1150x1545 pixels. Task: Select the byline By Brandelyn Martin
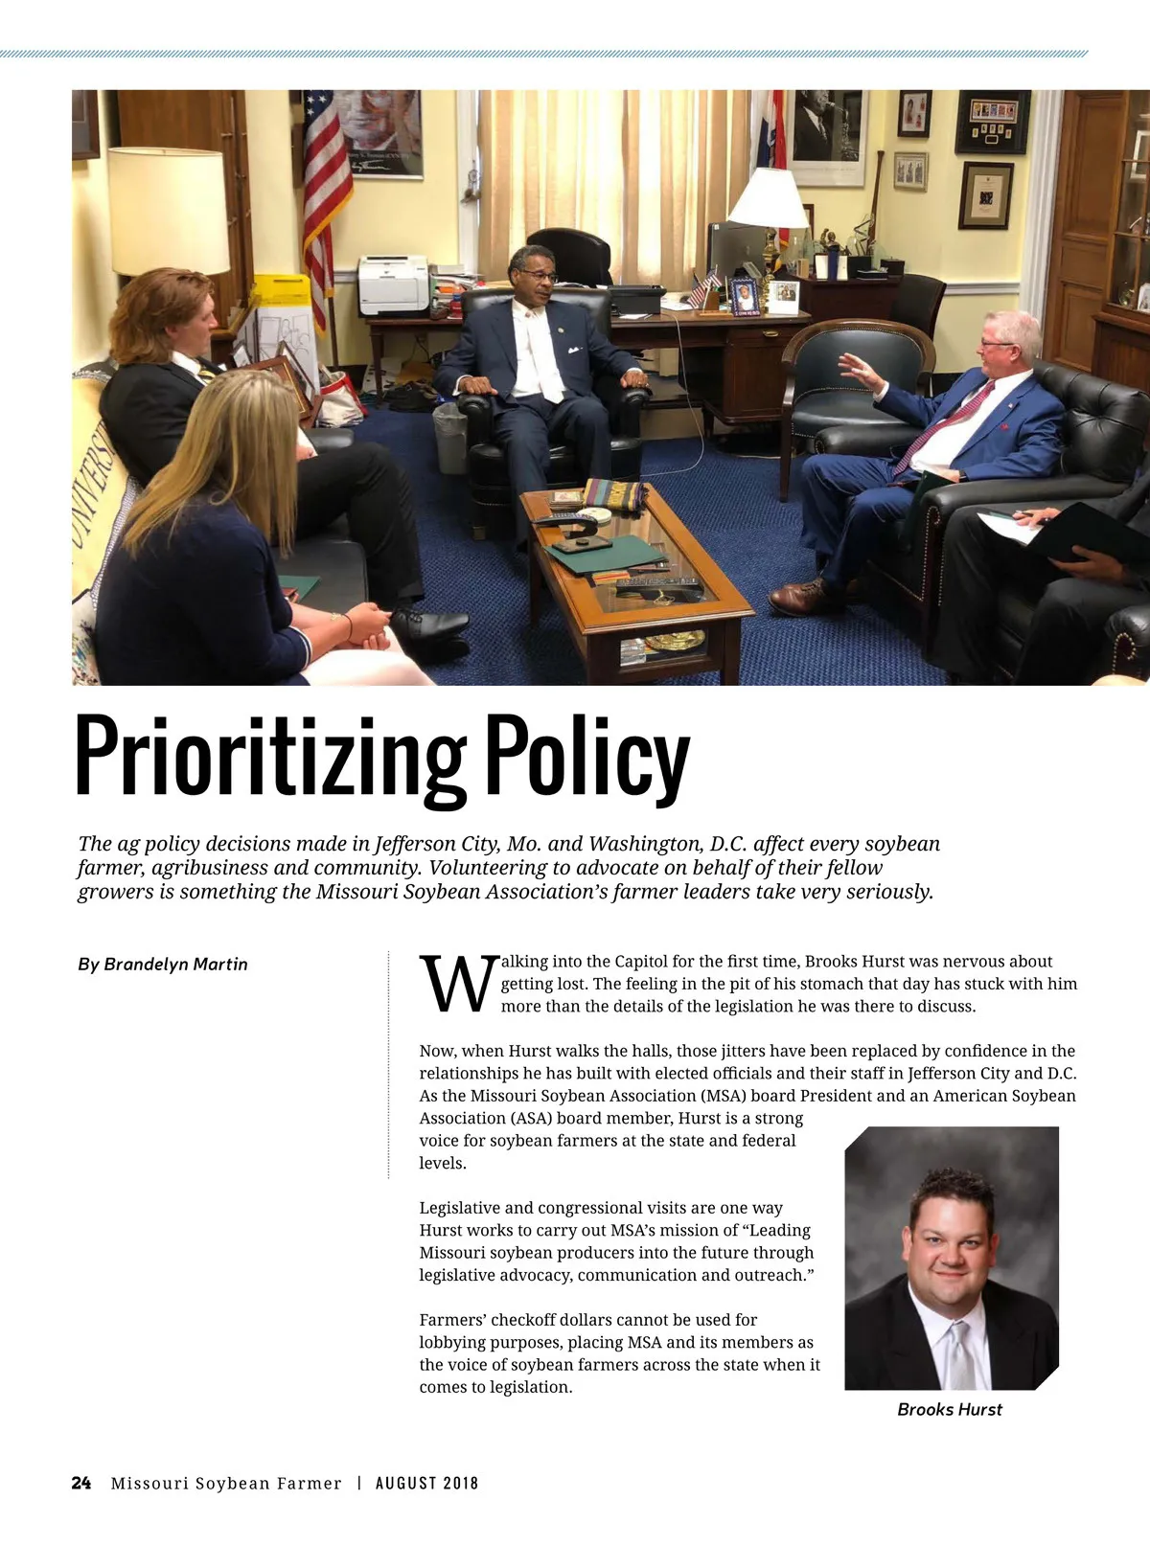[163, 965]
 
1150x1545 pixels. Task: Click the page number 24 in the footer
[81, 1484]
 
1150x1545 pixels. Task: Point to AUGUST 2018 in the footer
[426, 1484]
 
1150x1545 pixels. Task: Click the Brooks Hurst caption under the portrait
[950, 1410]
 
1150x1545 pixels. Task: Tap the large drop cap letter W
[459, 984]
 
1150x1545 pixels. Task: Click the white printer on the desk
[393, 284]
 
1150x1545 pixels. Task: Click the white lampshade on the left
[168, 211]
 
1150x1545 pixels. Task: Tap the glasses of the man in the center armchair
[539, 275]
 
